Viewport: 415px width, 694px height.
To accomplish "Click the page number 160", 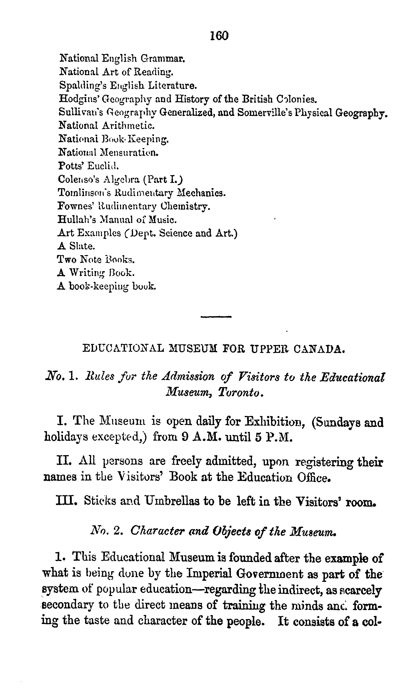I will [x=219, y=36].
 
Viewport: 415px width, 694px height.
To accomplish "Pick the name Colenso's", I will [x=79, y=179].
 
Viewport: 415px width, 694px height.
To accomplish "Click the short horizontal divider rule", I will [x=216, y=317].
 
